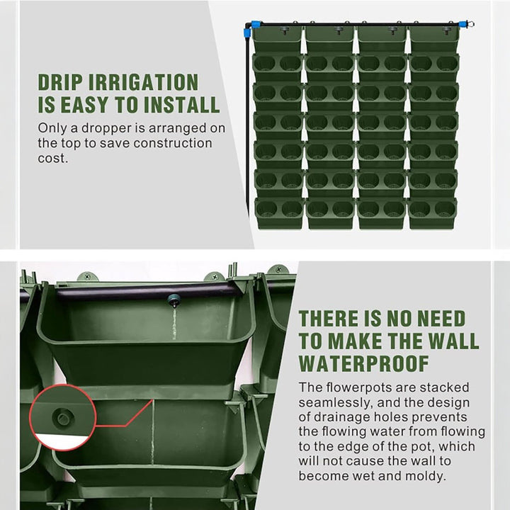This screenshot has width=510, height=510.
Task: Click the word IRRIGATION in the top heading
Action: click(x=143, y=83)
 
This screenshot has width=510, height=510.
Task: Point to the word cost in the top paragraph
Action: click(x=52, y=159)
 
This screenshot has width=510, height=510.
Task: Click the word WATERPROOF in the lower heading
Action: click(x=364, y=363)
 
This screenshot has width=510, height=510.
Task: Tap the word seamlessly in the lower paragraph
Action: click(x=334, y=403)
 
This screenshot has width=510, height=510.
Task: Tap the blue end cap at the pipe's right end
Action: click(x=462, y=24)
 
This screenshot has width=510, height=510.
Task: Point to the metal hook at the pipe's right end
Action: click(x=470, y=24)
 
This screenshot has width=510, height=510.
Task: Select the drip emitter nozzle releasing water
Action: click(x=174, y=300)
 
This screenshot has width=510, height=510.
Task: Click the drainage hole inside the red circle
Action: click(x=62, y=417)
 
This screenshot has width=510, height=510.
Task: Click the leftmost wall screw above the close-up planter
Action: click(x=87, y=277)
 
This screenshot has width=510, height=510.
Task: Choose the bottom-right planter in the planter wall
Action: click(x=432, y=212)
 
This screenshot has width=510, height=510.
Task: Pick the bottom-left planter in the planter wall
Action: click(x=278, y=213)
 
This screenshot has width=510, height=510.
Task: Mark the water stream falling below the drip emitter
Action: click(x=174, y=324)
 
